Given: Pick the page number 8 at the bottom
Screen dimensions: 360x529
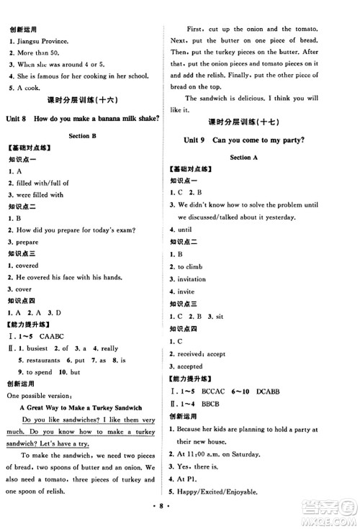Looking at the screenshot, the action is (179, 517).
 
